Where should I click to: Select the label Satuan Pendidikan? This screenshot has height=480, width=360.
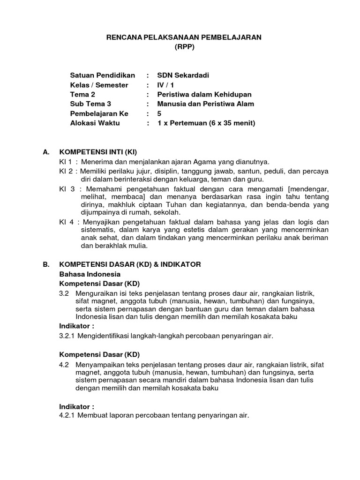(102, 75)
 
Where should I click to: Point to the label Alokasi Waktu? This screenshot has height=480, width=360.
(95, 123)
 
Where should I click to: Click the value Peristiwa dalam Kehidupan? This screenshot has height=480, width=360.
(204, 94)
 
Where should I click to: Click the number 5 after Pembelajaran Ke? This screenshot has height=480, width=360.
(160, 113)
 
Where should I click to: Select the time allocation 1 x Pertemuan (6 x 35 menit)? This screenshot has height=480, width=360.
(206, 123)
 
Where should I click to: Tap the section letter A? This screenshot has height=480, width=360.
(45, 152)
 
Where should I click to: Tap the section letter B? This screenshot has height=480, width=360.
(45, 264)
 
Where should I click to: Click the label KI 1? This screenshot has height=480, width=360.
(65, 162)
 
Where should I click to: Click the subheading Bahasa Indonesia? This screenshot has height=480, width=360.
(90, 274)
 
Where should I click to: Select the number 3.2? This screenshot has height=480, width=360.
(64, 293)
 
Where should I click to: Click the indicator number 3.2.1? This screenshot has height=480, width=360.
(67, 336)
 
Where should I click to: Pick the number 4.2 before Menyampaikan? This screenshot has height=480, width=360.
(64, 364)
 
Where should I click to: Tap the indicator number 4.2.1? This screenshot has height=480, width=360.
(67, 415)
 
